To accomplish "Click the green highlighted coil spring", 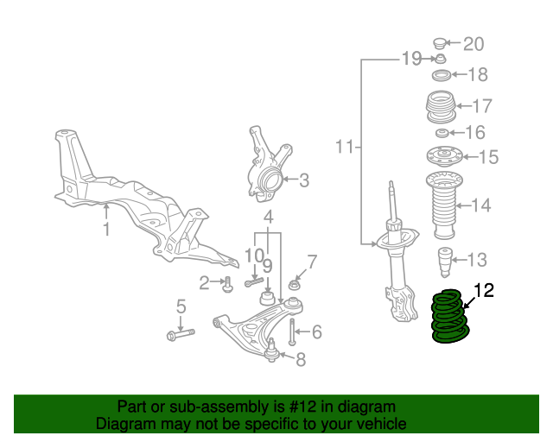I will tap(449, 318).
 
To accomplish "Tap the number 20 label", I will tap(474, 44).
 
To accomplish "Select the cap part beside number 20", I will tap(440, 42).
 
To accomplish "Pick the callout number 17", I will tap(481, 106).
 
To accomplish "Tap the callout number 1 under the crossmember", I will tap(107, 230).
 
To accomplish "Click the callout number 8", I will tap(301, 360).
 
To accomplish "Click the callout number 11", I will tap(345, 148).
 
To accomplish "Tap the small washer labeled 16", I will tap(442, 133).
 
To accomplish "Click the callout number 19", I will tap(410, 59).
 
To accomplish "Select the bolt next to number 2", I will tap(227, 283).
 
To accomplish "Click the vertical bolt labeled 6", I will tap(293, 331).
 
